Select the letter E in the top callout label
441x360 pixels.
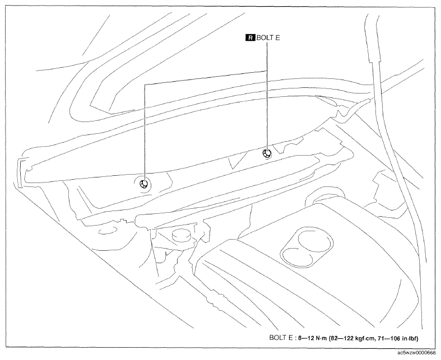pyautogui.click(x=277, y=38)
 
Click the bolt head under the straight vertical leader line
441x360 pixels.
pyautogui.click(x=267, y=153)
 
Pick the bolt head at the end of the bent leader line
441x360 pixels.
pyautogui.click(x=145, y=184)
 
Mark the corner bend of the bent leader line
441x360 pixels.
pyautogui.click(x=145, y=85)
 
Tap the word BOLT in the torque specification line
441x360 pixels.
pyautogui.click(x=277, y=338)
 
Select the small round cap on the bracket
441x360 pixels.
pyautogui.click(x=180, y=235)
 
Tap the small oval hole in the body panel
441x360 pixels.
pyautogui.click(x=108, y=231)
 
